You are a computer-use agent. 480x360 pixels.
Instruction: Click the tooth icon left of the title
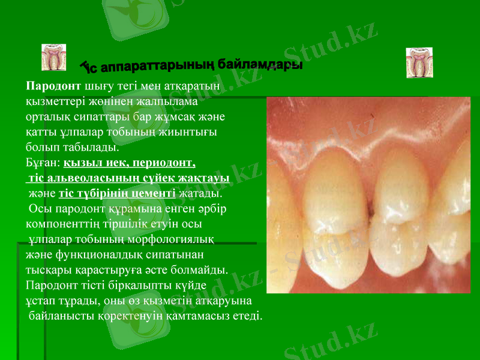coord(54,57)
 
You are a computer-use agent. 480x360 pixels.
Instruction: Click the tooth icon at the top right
coord(419,62)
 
